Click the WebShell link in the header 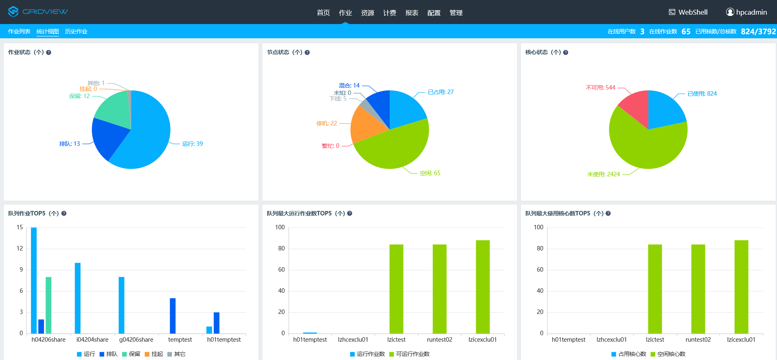coord(688,12)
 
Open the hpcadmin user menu coord(746,12)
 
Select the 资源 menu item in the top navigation coord(367,13)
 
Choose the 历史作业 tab coord(76,31)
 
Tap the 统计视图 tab coord(48,31)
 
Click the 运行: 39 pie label coord(192,144)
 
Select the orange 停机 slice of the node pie coord(367,124)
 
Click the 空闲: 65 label coord(430,173)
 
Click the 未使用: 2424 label coord(604,174)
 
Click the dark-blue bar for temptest coord(173,316)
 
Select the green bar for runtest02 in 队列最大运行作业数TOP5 coord(439,289)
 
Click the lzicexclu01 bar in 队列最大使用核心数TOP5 coord(741,287)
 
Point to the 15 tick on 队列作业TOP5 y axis coord(20,227)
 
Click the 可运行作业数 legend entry coord(413,354)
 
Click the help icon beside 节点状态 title coord(307,53)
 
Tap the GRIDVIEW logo coord(38,12)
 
